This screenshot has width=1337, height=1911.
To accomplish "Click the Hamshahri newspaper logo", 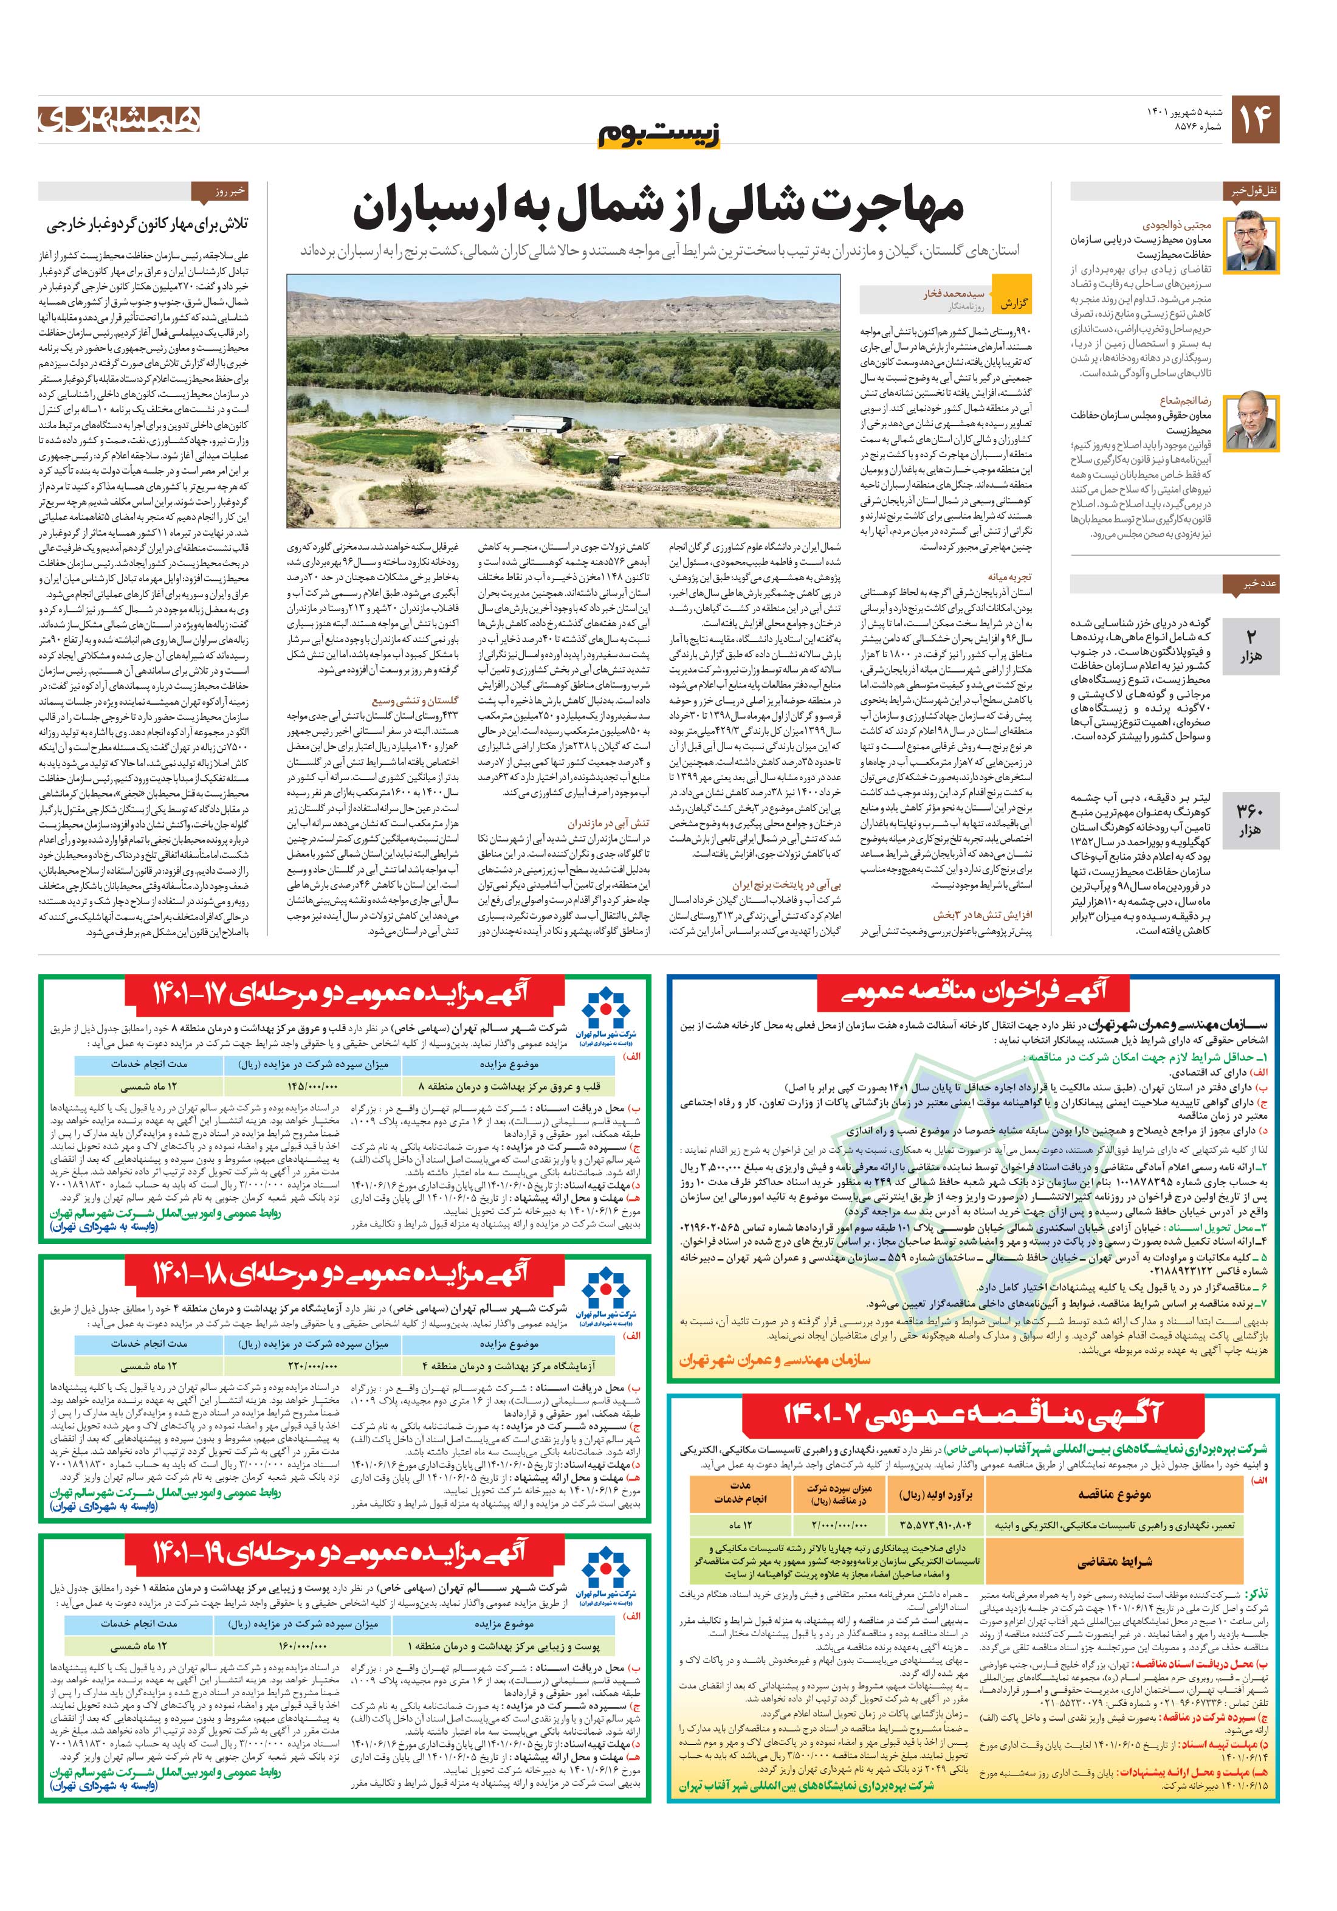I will click(119, 119).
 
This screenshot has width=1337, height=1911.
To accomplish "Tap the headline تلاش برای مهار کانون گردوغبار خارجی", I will click(154, 225).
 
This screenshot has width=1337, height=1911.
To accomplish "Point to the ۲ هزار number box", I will click(1249, 644).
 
